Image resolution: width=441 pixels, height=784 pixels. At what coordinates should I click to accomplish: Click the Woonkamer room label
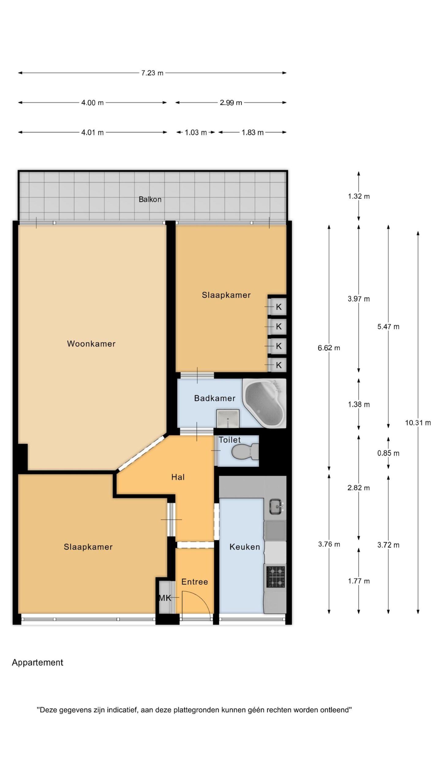pyautogui.click(x=91, y=344)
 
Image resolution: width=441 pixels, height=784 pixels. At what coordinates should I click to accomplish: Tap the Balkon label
pyautogui.click(x=150, y=199)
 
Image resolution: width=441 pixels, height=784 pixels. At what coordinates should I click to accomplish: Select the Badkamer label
pyautogui.click(x=215, y=398)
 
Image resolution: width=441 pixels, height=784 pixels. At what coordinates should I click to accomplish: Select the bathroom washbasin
pyautogui.click(x=228, y=418)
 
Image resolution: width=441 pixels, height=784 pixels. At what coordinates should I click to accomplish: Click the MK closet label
pyautogui.click(x=165, y=597)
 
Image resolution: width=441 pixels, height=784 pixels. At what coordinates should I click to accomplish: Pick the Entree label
pyautogui.click(x=195, y=582)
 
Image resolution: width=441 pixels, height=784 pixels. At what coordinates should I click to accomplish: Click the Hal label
pyautogui.click(x=178, y=477)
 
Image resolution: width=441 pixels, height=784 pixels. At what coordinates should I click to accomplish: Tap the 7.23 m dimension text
pyautogui.click(x=152, y=73)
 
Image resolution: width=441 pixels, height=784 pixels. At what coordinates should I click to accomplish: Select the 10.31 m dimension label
pyautogui.click(x=418, y=423)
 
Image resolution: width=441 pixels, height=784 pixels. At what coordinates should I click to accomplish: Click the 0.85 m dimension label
pyautogui.click(x=388, y=453)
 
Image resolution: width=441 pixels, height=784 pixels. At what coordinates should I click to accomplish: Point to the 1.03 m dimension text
pyautogui.click(x=196, y=132)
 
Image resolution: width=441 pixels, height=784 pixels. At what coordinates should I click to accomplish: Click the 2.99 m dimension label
pyautogui.click(x=231, y=103)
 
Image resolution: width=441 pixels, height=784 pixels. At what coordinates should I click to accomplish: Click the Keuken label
pyautogui.click(x=245, y=547)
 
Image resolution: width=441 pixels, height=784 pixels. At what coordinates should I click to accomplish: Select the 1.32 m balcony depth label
pyautogui.click(x=359, y=196)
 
